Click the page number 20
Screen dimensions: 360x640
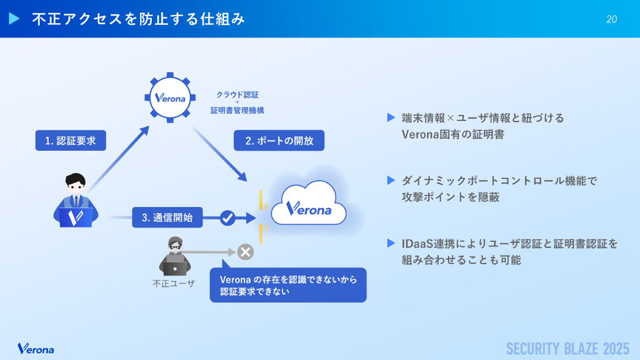(x=611, y=19)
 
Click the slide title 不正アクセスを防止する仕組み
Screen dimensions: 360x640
(x=138, y=19)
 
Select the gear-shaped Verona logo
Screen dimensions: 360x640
(x=170, y=98)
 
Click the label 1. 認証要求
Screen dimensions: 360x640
(x=71, y=140)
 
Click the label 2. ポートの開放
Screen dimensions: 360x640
(x=279, y=140)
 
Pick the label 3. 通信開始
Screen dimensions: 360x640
(x=167, y=218)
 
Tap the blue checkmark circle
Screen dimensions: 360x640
(x=227, y=218)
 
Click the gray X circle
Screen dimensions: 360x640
(x=246, y=252)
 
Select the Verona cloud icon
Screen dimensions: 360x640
(x=308, y=204)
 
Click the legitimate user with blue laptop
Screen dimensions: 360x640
(x=76, y=201)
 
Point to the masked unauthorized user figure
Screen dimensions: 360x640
(x=174, y=256)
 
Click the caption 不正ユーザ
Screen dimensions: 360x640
(x=173, y=284)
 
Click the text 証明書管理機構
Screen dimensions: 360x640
(x=237, y=110)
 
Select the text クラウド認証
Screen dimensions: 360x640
(x=237, y=94)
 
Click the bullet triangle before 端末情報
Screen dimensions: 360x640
(x=391, y=118)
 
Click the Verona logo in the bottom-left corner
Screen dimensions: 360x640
(x=36, y=348)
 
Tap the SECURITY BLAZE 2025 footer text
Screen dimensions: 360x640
(x=568, y=348)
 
